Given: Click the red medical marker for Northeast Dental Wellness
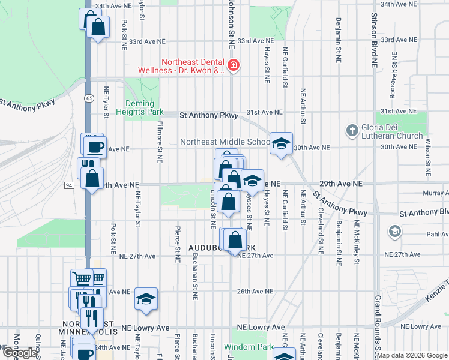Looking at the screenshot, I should pyautogui.click(x=234, y=65).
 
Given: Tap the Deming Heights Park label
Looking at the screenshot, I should pyautogui.click(x=143, y=107).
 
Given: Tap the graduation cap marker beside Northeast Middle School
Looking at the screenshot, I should pyautogui.click(x=280, y=143).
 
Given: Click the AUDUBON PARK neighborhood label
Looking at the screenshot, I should pyautogui.click(x=223, y=247).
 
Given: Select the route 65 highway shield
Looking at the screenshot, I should pyautogui.click(x=89, y=97).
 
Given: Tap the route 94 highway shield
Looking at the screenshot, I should pyautogui.click(x=70, y=185).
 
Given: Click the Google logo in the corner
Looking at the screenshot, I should pyautogui.click(x=20, y=353).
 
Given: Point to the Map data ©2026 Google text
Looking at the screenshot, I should pyautogui.click(x=412, y=355).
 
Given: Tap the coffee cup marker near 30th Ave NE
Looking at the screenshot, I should pyautogui.click(x=95, y=146).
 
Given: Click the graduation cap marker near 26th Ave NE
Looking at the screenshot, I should pyautogui.click(x=145, y=298).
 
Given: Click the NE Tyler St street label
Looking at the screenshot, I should pyautogui.click(x=106, y=99).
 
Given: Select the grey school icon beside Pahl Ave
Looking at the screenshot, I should pyautogui.click(x=395, y=231).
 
